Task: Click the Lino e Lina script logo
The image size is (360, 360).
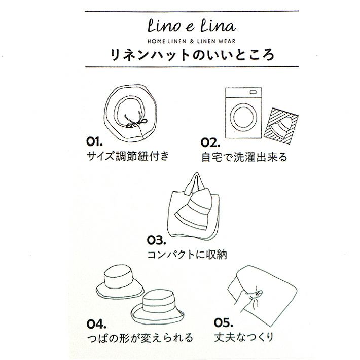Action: point(192,26)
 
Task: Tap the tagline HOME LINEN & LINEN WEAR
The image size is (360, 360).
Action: point(192,42)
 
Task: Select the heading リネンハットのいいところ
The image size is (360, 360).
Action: point(192,55)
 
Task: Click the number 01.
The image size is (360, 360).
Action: point(94,141)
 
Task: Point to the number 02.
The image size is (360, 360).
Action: point(210,142)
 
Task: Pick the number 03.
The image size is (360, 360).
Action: point(156,240)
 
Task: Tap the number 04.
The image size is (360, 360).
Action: point(97,324)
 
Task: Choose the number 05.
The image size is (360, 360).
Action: point(224,322)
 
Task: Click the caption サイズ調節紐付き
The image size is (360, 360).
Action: point(128,156)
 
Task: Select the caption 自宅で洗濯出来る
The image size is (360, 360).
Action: point(244,157)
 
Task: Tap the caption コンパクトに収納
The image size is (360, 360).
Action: point(187,255)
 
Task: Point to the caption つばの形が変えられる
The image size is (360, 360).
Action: point(140,338)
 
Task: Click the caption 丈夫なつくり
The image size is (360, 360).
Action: point(244,337)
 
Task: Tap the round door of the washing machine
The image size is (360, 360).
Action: point(243,117)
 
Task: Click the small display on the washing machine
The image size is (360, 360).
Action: point(253,92)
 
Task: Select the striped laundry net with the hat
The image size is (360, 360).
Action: point(281,126)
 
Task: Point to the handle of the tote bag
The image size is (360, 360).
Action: point(195,183)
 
